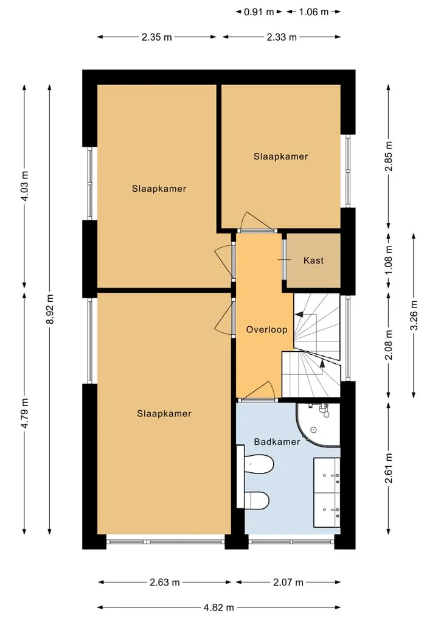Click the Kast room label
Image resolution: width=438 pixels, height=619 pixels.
click(313, 261)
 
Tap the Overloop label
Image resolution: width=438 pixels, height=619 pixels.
click(266, 330)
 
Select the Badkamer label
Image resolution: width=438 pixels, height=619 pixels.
click(277, 442)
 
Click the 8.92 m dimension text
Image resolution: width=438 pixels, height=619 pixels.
click(50, 309)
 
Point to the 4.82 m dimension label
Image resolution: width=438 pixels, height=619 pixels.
click(219, 607)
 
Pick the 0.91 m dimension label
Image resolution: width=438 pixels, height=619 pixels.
click(259, 12)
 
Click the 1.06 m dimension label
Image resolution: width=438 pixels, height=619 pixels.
click(314, 12)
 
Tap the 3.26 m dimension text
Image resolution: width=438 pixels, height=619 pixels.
click(414, 315)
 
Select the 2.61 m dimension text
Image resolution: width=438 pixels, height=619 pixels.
click(389, 468)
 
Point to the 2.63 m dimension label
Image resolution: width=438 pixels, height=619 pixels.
click(165, 582)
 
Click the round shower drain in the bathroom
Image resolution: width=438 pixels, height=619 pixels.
click(314, 430)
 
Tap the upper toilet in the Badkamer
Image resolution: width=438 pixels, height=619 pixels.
click(259, 463)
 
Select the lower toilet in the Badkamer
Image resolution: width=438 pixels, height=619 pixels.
click(256, 500)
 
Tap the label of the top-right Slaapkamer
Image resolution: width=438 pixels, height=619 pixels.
click(280, 156)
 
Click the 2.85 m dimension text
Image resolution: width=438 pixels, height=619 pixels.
click(389, 156)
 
